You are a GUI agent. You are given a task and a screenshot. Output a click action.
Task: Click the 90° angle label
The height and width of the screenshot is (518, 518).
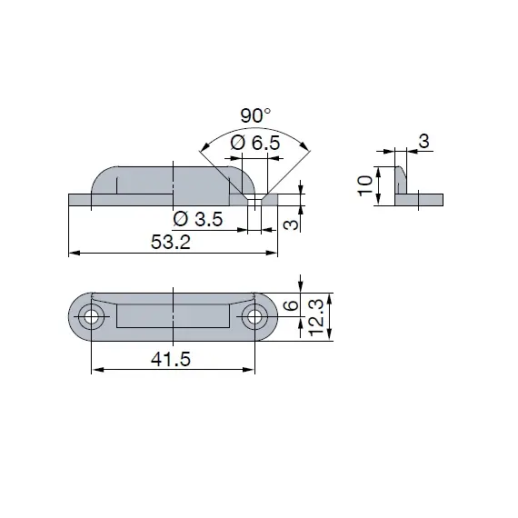pos(255,116)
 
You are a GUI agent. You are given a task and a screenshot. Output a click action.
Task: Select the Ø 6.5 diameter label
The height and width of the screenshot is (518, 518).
pos(254,143)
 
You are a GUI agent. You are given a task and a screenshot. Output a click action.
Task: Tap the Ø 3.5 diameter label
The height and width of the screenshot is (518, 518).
pos(198,219)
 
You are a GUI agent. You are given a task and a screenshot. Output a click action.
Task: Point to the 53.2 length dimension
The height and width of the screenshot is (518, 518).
pos(172,243)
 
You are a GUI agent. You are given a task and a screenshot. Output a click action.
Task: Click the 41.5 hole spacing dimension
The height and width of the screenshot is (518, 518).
pos(172,360)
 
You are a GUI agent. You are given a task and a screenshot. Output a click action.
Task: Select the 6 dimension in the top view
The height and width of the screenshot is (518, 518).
pos(289,306)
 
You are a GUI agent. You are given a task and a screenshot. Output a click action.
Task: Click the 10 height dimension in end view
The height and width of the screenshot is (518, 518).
pos(364,186)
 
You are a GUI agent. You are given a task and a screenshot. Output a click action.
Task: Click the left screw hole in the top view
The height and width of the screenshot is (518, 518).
pos(90,316)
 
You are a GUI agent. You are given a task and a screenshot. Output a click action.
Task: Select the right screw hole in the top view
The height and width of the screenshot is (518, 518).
pos(254,316)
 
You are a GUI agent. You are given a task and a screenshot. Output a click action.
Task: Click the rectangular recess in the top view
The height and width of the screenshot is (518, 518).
pos(172,316)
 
